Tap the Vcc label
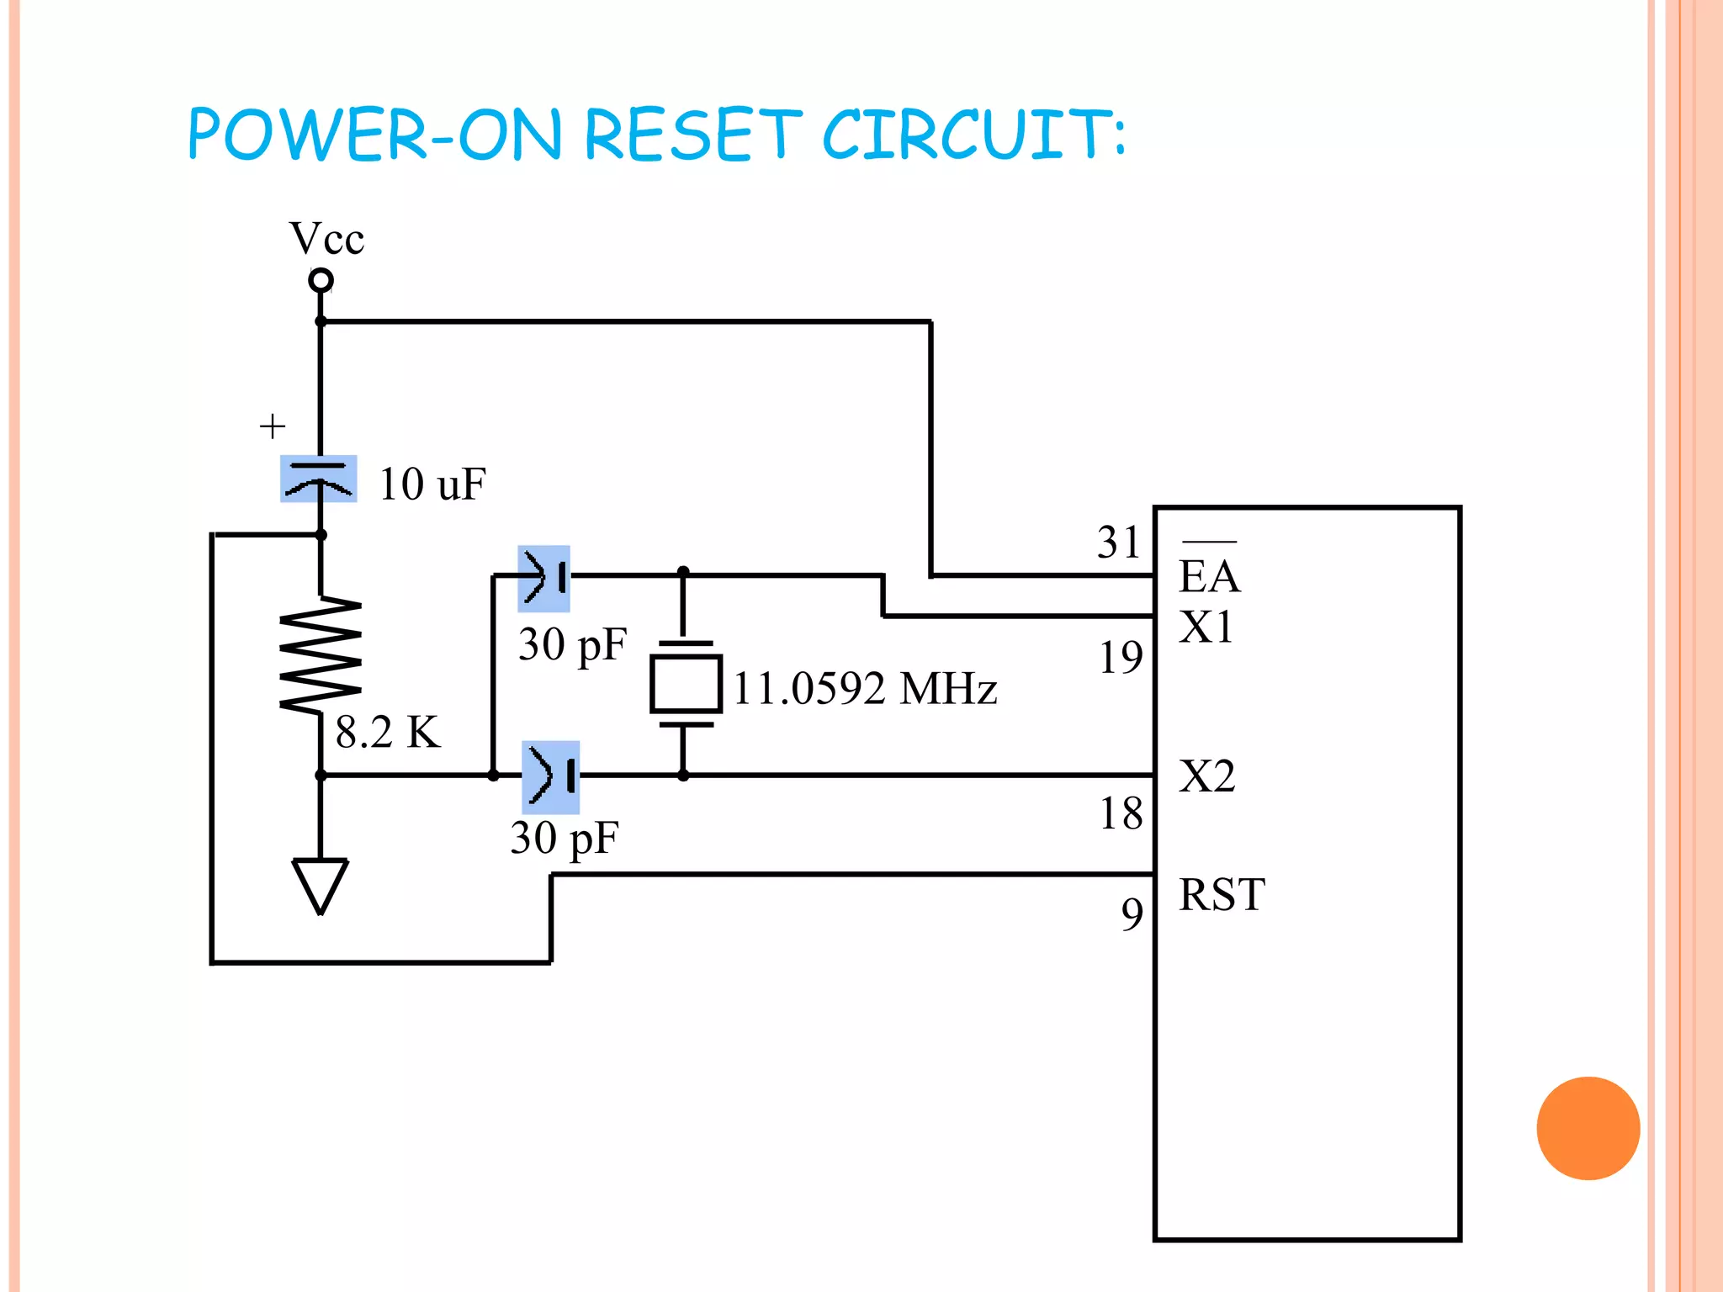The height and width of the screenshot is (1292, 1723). [x=326, y=239]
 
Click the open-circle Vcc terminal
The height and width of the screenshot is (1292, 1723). [x=321, y=280]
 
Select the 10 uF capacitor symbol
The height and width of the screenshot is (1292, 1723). [x=319, y=479]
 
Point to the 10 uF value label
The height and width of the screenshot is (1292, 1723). [x=432, y=484]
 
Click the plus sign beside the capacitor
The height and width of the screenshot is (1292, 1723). [x=272, y=426]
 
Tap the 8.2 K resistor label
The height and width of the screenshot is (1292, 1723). [x=388, y=732]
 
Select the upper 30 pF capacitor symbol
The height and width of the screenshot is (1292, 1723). [x=544, y=578]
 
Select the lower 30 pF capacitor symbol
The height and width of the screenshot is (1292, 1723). [x=551, y=776]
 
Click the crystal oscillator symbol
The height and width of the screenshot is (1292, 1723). [x=686, y=683]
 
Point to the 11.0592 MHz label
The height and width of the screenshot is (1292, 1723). [x=865, y=689]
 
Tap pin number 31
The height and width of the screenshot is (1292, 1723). [x=1118, y=543]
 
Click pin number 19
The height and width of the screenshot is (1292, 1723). [x=1121, y=658]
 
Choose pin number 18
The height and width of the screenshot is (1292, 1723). [x=1121, y=813]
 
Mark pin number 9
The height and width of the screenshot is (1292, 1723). [x=1132, y=913]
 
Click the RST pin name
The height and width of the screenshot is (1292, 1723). [x=1222, y=894]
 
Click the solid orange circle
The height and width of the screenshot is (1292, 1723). [x=1588, y=1128]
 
